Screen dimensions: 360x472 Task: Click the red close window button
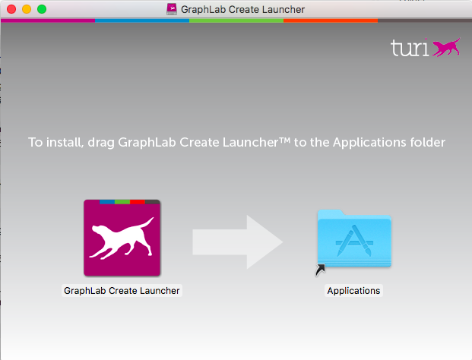11,9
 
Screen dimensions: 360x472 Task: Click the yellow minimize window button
26,9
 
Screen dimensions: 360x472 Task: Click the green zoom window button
41,9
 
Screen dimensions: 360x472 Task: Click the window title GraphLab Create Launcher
243,9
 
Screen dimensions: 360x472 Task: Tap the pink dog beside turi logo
446,47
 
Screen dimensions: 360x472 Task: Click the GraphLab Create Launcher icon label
122,290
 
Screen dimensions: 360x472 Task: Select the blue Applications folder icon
353,237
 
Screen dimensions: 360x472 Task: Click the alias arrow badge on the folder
320,269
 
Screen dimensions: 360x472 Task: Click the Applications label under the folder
353,290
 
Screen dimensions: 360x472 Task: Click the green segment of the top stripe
236,21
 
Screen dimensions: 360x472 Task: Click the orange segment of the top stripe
331,21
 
